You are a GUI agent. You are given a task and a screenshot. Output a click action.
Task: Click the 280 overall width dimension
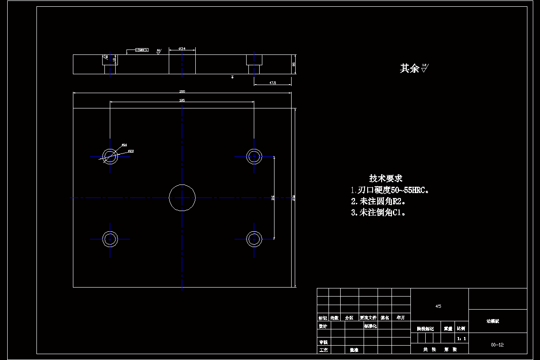(x=182, y=91)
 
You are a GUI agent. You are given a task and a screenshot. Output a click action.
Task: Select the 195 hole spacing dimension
(x=182, y=100)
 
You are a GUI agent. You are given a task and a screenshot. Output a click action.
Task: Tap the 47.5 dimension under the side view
(x=272, y=83)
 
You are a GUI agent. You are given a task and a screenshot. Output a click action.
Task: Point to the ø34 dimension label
(x=182, y=48)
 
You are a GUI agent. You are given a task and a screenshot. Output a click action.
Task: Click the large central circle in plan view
(x=182, y=197)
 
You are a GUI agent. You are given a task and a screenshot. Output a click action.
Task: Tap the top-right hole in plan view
(x=254, y=156)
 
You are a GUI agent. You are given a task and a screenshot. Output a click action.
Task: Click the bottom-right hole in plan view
(x=254, y=239)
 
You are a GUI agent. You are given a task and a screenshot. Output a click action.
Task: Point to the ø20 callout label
(x=131, y=151)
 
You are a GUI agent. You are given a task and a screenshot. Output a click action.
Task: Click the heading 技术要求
(x=386, y=178)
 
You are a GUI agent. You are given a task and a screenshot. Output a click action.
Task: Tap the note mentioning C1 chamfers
(x=378, y=212)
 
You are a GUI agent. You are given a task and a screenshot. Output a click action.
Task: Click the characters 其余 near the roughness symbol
(x=409, y=68)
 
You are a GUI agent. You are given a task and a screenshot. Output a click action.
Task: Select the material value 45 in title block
(x=438, y=306)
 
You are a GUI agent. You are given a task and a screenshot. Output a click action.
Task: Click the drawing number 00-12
(x=497, y=345)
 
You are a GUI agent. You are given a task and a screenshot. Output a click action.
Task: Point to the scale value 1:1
(x=461, y=338)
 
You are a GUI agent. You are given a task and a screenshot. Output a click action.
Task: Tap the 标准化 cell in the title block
(x=370, y=326)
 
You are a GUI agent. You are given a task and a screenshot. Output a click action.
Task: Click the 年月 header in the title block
(x=400, y=317)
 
